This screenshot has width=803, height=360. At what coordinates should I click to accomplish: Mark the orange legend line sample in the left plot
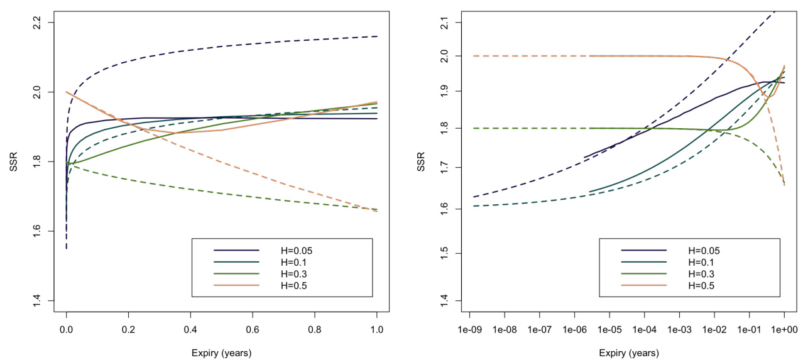(x=236, y=286)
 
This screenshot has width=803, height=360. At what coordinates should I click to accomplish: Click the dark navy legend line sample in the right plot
(x=644, y=250)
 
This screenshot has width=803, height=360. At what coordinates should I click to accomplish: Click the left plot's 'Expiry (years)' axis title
(x=221, y=353)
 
